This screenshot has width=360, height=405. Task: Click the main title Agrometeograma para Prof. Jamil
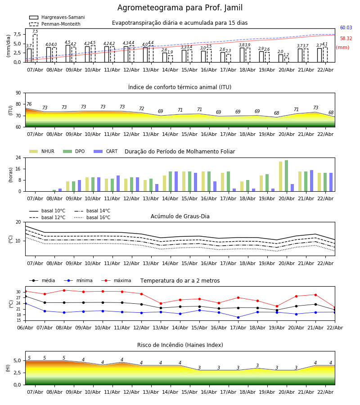(180, 8)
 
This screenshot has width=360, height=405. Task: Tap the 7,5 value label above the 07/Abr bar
(35, 31)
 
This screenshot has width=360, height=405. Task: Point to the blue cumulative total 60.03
(346, 28)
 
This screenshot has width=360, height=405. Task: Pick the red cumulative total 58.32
(346, 39)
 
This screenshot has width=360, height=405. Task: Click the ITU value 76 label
(29, 104)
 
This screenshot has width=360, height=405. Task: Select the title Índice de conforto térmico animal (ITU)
(180, 87)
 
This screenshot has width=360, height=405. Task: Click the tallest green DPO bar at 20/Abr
(286, 175)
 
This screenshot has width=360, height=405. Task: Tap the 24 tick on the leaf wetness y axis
(18, 158)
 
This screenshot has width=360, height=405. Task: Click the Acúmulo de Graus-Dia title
(180, 216)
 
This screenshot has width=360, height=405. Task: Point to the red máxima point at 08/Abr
(64, 290)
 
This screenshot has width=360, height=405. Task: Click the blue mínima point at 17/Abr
(238, 317)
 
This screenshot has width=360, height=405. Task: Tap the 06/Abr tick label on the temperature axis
(25, 327)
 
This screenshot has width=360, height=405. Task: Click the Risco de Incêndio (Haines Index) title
(180, 345)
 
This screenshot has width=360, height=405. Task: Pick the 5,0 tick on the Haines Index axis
(17, 361)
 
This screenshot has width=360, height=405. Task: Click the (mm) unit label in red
(342, 48)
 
